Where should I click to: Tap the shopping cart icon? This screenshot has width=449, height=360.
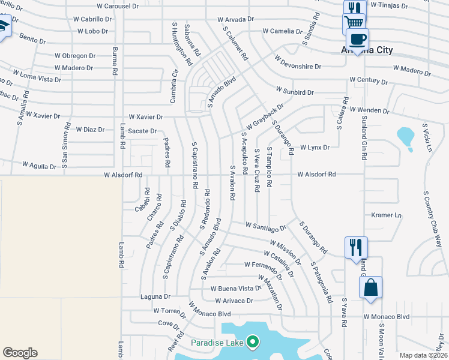click(x=354, y=24)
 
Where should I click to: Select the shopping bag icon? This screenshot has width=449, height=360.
click(x=370, y=287)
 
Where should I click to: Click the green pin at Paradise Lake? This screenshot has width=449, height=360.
click(x=253, y=343)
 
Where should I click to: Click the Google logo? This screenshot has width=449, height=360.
click(x=20, y=353)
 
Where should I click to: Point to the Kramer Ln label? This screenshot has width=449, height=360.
click(x=386, y=215)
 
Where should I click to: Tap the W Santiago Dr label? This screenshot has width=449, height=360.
click(x=266, y=227)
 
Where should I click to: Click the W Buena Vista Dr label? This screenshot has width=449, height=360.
click(x=232, y=288)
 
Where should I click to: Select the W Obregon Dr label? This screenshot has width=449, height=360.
click(x=75, y=56)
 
